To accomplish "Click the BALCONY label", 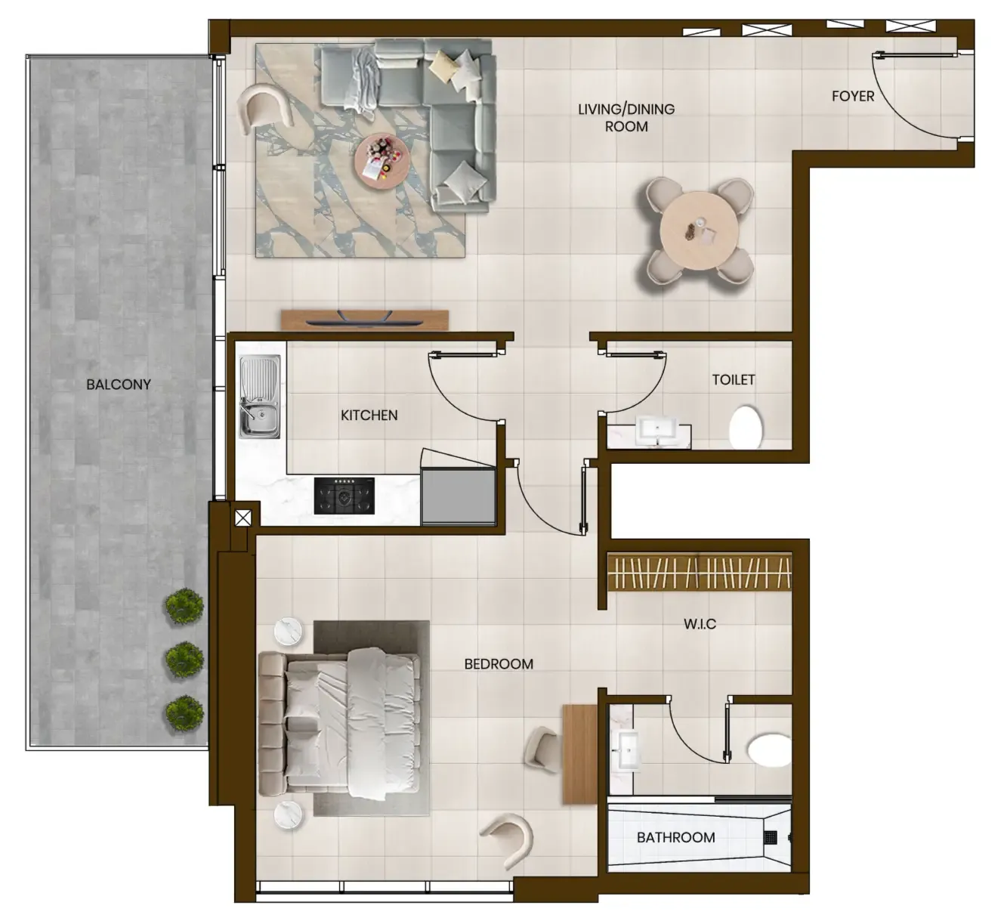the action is [x=119, y=385].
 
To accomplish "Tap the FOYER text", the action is [x=853, y=97].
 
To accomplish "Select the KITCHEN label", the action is [x=369, y=416].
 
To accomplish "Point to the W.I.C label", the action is [x=700, y=624].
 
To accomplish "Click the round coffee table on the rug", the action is [x=382, y=161].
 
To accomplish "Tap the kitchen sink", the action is [x=259, y=397].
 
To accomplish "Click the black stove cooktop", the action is [x=344, y=496].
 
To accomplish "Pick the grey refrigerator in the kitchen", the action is [x=458, y=496].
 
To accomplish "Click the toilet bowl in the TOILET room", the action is [x=746, y=428].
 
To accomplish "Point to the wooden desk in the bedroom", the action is [x=580, y=754].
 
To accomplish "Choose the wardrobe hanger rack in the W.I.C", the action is [x=699, y=572].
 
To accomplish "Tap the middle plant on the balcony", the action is [x=184, y=660].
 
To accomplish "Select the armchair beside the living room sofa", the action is [x=264, y=110].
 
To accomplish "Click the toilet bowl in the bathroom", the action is [x=769, y=749].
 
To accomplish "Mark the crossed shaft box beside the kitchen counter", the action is [x=243, y=518].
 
